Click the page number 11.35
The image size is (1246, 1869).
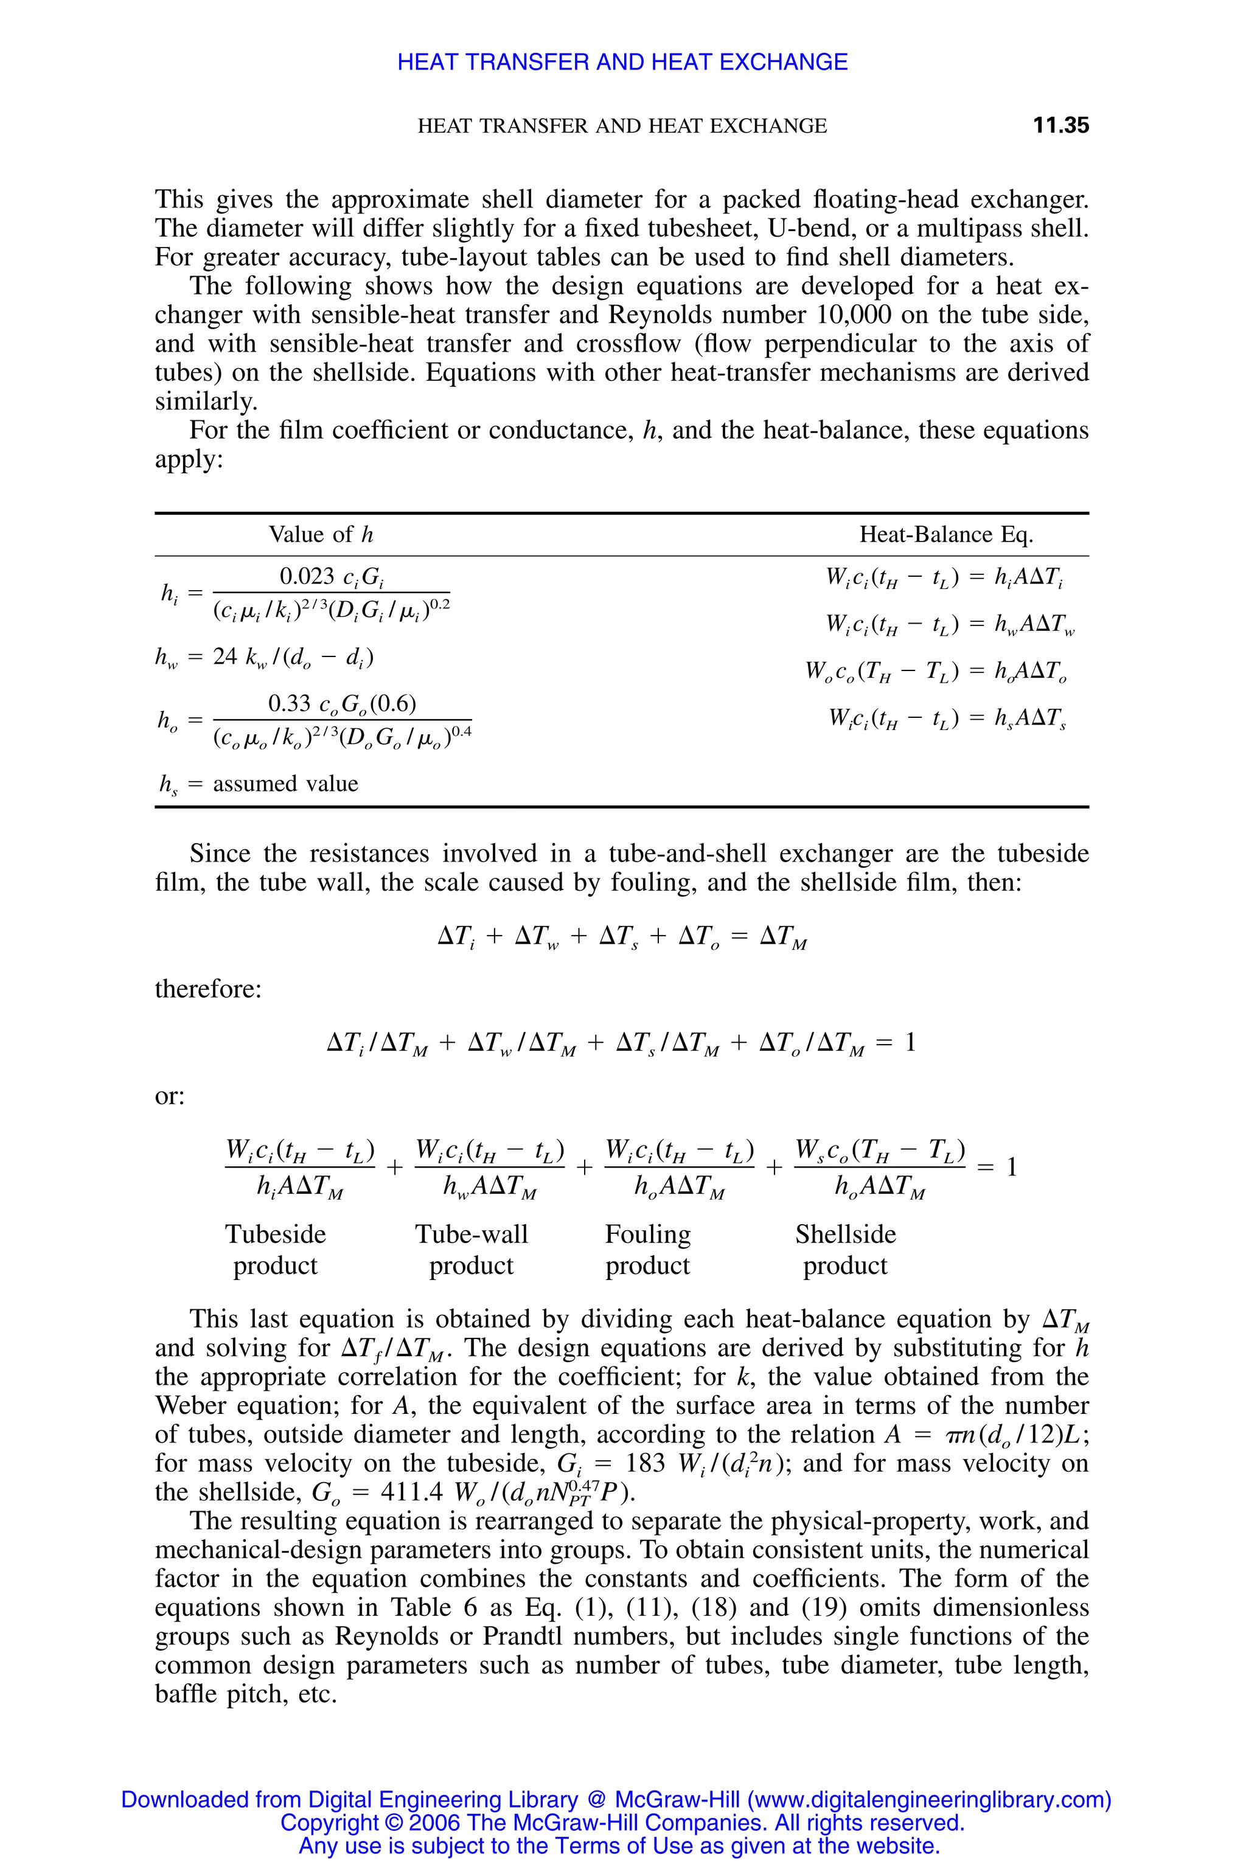pyautogui.click(x=1060, y=125)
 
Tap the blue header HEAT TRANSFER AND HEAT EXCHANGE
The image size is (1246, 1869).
pyautogui.click(x=622, y=62)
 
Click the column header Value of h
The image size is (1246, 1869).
pyautogui.click(x=320, y=535)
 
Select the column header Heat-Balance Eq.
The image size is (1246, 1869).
pyautogui.click(x=945, y=535)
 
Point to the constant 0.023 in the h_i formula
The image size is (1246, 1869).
pyautogui.click(x=307, y=576)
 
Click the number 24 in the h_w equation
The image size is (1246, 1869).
pyautogui.click(x=225, y=656)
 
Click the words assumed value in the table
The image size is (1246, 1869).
pyautogui.click(x=285, y=784)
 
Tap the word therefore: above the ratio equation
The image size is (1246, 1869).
pyautogui.click(x=208, y=989)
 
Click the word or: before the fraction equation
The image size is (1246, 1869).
pyautogui.click(x=169, y=1096)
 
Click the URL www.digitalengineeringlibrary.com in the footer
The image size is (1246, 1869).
pyautogui.click(x=929, y=1800)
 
